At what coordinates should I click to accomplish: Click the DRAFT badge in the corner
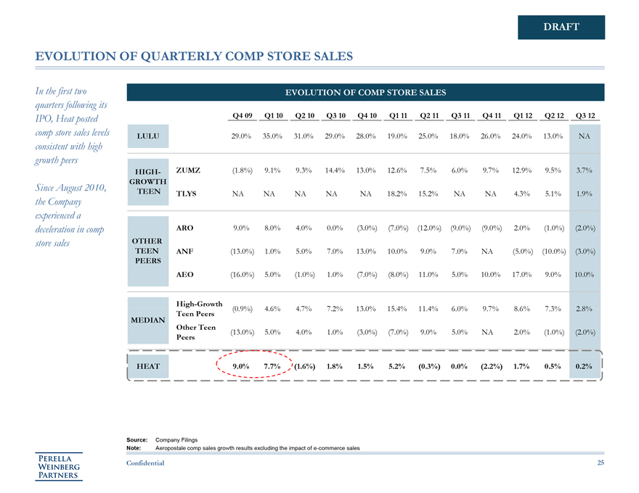tap(561, 27)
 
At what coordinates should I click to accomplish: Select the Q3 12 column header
tap(585, 115)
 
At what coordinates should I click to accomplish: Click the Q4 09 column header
tap(242, 115)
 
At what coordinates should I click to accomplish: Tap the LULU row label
tap(147, 136)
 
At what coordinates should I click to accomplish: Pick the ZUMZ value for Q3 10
tap(335, 170)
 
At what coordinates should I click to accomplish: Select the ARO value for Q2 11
tap(429, 228)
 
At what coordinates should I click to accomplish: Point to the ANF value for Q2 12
tap(554, 252)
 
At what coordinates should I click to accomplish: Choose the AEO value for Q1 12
tap(523, 275)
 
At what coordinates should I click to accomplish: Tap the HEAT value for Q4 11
tap(492, 366)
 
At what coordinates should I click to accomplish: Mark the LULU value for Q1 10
tap(273, 136)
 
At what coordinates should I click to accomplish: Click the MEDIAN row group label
tap(147, 320)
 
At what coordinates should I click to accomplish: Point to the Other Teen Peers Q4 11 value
tap(492, 332)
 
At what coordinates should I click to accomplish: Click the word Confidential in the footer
tap(145, 463)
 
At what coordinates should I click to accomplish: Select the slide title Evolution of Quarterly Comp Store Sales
tap(195, 56)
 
